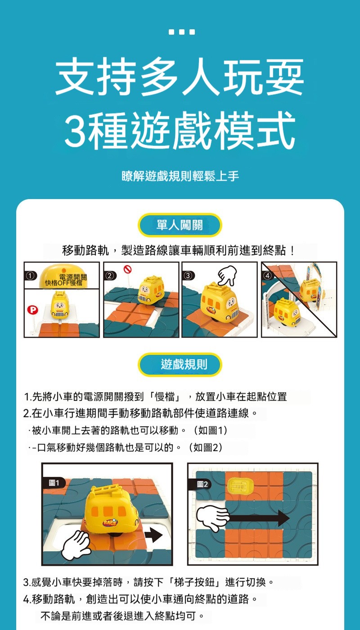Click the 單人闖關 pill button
(x=180, y=225)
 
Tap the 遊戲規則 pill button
(x=180, y=364)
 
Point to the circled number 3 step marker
(x=188, y=276)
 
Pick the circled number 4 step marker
(x=268, y=276)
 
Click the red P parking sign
(x=32, y=310)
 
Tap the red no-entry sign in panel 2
(x=128, y=269)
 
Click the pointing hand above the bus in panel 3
(x=227, y=275)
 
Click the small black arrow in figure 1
(x=153, y=535)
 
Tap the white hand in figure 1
(x=76, y=545)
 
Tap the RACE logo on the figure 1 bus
(x=110, y=523)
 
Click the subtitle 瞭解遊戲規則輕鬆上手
(x=180, y=176)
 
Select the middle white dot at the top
(x=182, y=32)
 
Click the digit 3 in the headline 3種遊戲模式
(x=76, y=130)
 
